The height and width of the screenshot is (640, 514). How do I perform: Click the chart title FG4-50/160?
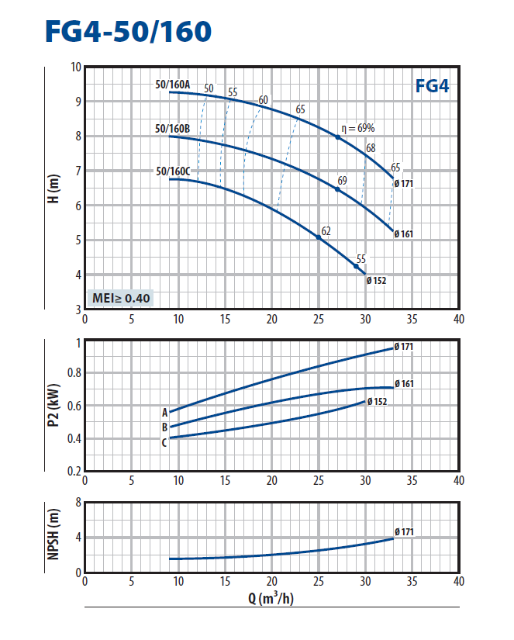click(x=128, y=31)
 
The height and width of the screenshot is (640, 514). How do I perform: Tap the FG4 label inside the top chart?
click(x=432, y=85)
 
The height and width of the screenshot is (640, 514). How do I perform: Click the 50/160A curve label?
click(x=172, y=85)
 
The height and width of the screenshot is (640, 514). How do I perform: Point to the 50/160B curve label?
click(x=172, y=128)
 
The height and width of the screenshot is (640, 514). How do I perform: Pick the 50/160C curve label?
click(x=172, y=171)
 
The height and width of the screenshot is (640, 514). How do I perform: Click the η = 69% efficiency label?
click(x=358, y=128)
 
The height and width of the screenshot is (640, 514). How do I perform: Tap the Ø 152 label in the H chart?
click(x=377, y=281)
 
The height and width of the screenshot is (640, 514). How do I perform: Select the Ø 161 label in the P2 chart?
click(x=404, y=383)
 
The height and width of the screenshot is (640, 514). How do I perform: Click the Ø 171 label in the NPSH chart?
click(x=404, y=531)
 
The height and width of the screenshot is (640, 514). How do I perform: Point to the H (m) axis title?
click(x=53, y=188)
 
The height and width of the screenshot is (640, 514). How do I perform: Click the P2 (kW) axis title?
click(x=53, y=406)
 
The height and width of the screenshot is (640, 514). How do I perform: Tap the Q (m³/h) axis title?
click(x=271, y=599)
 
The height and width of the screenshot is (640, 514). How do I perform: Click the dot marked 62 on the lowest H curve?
click(x=319, y=237)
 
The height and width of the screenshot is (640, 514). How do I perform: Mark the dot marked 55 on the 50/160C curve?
click(x=357, y=266)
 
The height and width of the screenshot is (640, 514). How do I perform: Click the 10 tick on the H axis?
click(x=75, y=67)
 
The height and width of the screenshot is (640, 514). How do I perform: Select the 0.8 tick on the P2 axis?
click(x=74, y=372)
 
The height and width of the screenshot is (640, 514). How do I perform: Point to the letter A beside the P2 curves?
click(x=164, y=412)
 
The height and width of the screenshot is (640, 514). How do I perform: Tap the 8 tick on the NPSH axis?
click(x=78, y=502)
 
